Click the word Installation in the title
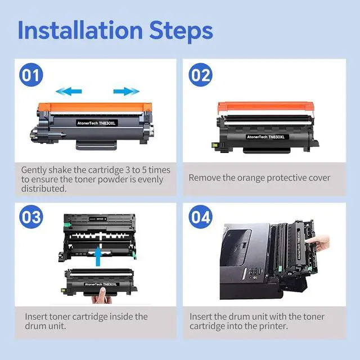[x=80, y=30]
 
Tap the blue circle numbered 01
[x=31, y=75]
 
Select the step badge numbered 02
[x=200, y=75]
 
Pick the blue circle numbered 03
[x=31, y=217]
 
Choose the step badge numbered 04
[x=200, y=217]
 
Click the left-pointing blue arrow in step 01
[x=69, y=91]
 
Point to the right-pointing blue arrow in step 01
[x=126, y=91]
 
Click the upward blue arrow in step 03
[x=98, y=256]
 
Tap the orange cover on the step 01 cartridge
[x=95, y=107]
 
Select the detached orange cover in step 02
[x=265, y=106]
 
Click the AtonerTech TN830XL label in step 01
[x=96, y=123]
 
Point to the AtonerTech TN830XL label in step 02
[x=265, y=137]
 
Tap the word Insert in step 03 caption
[x=36, y=317]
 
